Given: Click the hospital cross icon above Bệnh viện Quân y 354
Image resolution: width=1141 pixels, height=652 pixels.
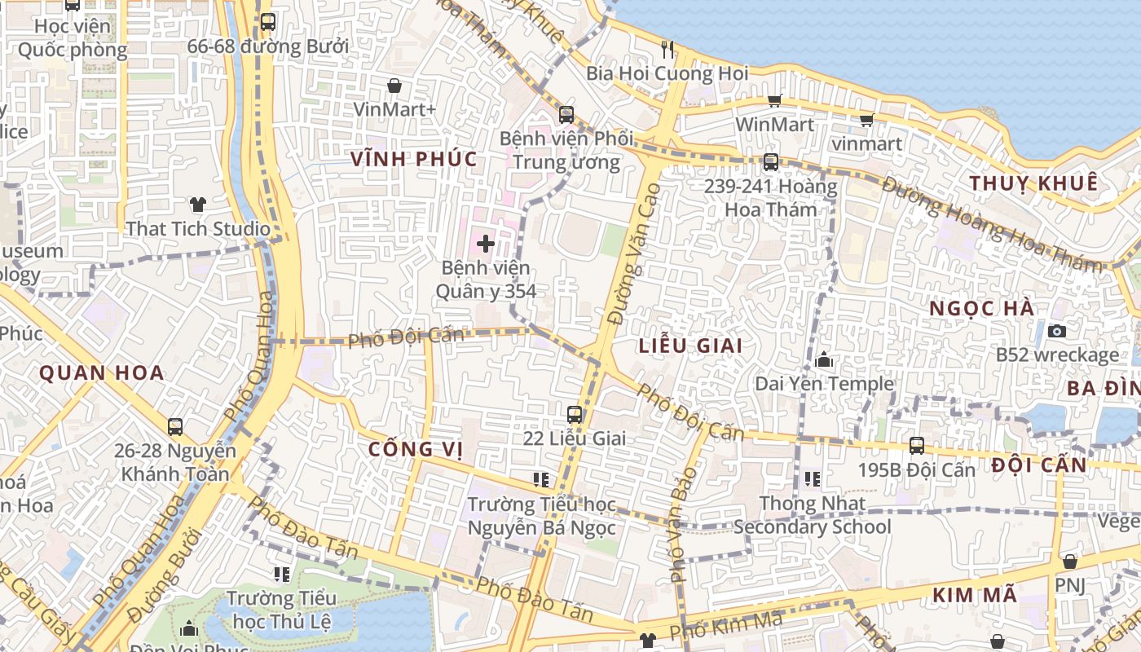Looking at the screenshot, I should pyautogui.click(x=486, y=244).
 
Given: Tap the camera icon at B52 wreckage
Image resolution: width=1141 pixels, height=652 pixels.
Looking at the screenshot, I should pyautogui.click(x=1057, y=331).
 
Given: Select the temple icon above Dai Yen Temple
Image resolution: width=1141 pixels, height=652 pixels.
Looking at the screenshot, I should pyautogui.click(x=824, y=359).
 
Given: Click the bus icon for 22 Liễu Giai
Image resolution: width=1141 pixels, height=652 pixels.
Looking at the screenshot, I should pyautogui.click(x=575, y=414).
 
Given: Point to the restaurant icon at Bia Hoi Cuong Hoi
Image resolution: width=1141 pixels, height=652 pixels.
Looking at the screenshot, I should pyautogui.click(x=667, y=50).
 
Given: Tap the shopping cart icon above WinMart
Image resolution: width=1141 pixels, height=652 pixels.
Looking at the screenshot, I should pyautogui.click(x=774, y=101).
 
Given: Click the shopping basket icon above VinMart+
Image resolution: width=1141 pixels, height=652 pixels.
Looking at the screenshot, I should pyautogui.click(x=394, y=86).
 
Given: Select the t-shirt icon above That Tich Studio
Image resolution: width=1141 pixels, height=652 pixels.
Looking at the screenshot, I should pyautogui.click(x=197, y=205).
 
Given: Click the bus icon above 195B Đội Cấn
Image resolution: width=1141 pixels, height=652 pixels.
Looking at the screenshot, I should pyautogui.click(x=917, y=446).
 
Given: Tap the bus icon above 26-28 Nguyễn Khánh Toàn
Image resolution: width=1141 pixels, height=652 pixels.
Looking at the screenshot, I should pyautogui.click(x=175, y=426).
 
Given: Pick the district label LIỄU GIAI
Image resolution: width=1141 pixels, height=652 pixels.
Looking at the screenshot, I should pyautogui.click(x=690, y=346).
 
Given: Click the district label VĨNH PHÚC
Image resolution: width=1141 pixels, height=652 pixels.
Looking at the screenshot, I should pyautogui.click(x=414, y=159).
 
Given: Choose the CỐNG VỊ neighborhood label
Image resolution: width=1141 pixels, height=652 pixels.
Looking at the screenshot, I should pyautogui.click(x=416, y=449).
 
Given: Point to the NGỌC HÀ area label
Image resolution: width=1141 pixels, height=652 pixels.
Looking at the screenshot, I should pyautogui.click(x=982, y=309).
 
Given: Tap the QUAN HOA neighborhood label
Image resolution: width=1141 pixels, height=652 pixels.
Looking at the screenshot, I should pyautogui.click(x=102, y=373).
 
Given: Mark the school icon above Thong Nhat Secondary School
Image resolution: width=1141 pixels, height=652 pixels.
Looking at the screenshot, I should pyautogui.click(x=812, y=479).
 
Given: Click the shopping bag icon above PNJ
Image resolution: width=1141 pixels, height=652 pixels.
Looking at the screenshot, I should pyautogui.click(x=1070, y=562).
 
